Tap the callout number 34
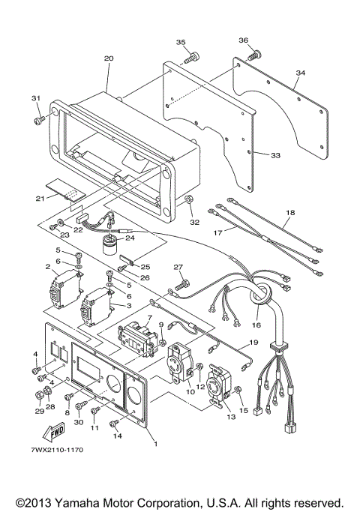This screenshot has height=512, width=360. pos(300,73)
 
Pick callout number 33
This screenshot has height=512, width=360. pos(275,155)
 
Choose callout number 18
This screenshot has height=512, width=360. pos(289,214)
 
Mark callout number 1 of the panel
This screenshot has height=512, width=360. pos(154,444)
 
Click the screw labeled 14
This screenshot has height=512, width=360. pos(114,425)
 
